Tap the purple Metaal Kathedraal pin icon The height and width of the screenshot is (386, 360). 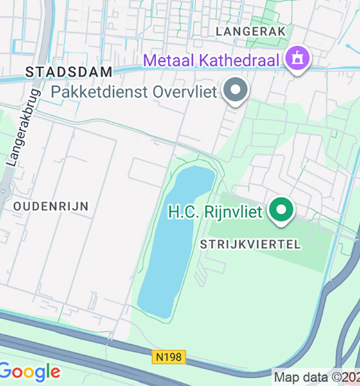(298, 59)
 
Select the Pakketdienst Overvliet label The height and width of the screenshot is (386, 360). (134, 91)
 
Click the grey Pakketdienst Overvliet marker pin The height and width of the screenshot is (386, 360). (236, 90)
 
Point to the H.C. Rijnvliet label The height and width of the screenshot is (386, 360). (215, 211)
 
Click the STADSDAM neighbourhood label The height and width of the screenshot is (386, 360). (69, 72)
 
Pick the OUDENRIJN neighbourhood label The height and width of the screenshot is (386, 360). (51, 207)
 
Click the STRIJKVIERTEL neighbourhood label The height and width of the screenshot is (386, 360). (250, 244)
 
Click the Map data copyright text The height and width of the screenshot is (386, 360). (316, 377)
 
